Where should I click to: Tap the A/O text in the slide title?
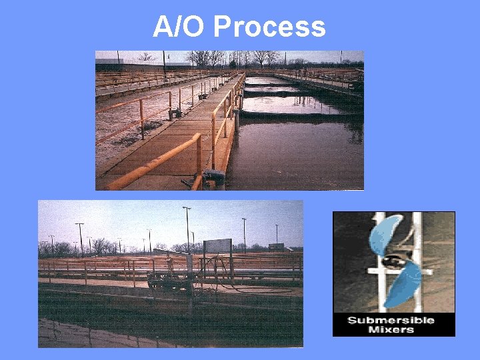180,27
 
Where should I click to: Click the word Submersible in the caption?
391,321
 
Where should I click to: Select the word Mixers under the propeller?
391,329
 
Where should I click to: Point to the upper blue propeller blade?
385,234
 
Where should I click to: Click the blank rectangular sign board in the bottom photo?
217,246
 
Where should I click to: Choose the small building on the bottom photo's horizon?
275,247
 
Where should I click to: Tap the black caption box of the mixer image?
393,325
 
